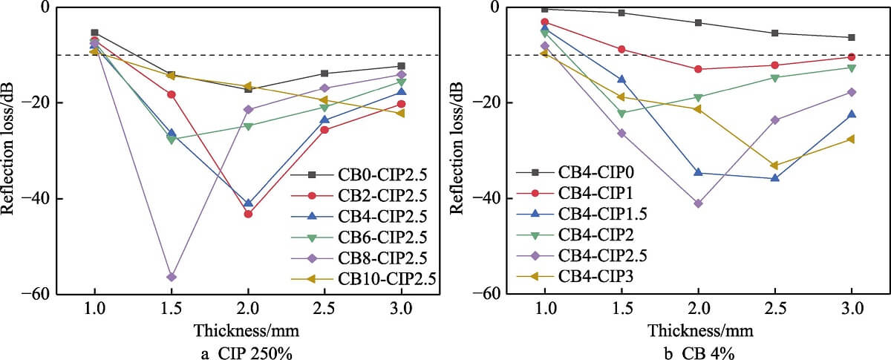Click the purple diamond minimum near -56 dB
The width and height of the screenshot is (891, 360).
pos(172,277)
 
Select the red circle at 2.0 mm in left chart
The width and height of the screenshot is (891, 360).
pos(248,214)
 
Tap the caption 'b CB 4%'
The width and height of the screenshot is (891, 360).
pos(698,352)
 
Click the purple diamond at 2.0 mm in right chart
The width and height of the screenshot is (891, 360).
pos(698,203)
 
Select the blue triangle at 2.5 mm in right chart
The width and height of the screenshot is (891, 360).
pos(774,178)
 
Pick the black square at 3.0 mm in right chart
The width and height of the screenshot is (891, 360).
pos(852,37)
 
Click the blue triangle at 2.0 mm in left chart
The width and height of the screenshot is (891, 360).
pos(248,203)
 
